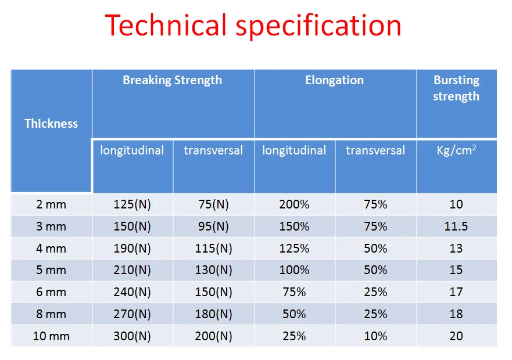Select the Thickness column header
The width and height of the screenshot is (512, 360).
point(51,123)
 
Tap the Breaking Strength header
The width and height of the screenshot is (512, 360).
point(172,80)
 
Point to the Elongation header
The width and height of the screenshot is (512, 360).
point(334,80)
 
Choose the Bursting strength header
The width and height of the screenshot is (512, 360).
point(456,88)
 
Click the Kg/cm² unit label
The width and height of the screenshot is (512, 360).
point(456,151)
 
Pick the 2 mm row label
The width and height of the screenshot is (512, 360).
point(51,204)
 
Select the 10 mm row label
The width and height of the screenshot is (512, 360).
point(51,336)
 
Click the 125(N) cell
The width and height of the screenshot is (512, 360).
point(132,204)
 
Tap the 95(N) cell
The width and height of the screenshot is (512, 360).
point(213,226)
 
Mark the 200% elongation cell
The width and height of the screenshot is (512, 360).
point(294,204)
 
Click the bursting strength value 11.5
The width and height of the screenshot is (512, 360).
point(456,226)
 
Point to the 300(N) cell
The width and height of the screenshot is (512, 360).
point(132,336)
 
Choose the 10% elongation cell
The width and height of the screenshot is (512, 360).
point(375,336)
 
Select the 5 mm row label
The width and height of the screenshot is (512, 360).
point(51,270)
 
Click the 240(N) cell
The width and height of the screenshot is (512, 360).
point(132,292)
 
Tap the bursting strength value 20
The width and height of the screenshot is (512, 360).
point(456,336)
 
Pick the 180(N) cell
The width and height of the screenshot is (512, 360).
point(213,314)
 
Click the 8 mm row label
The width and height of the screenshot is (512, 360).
point(51,314)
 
